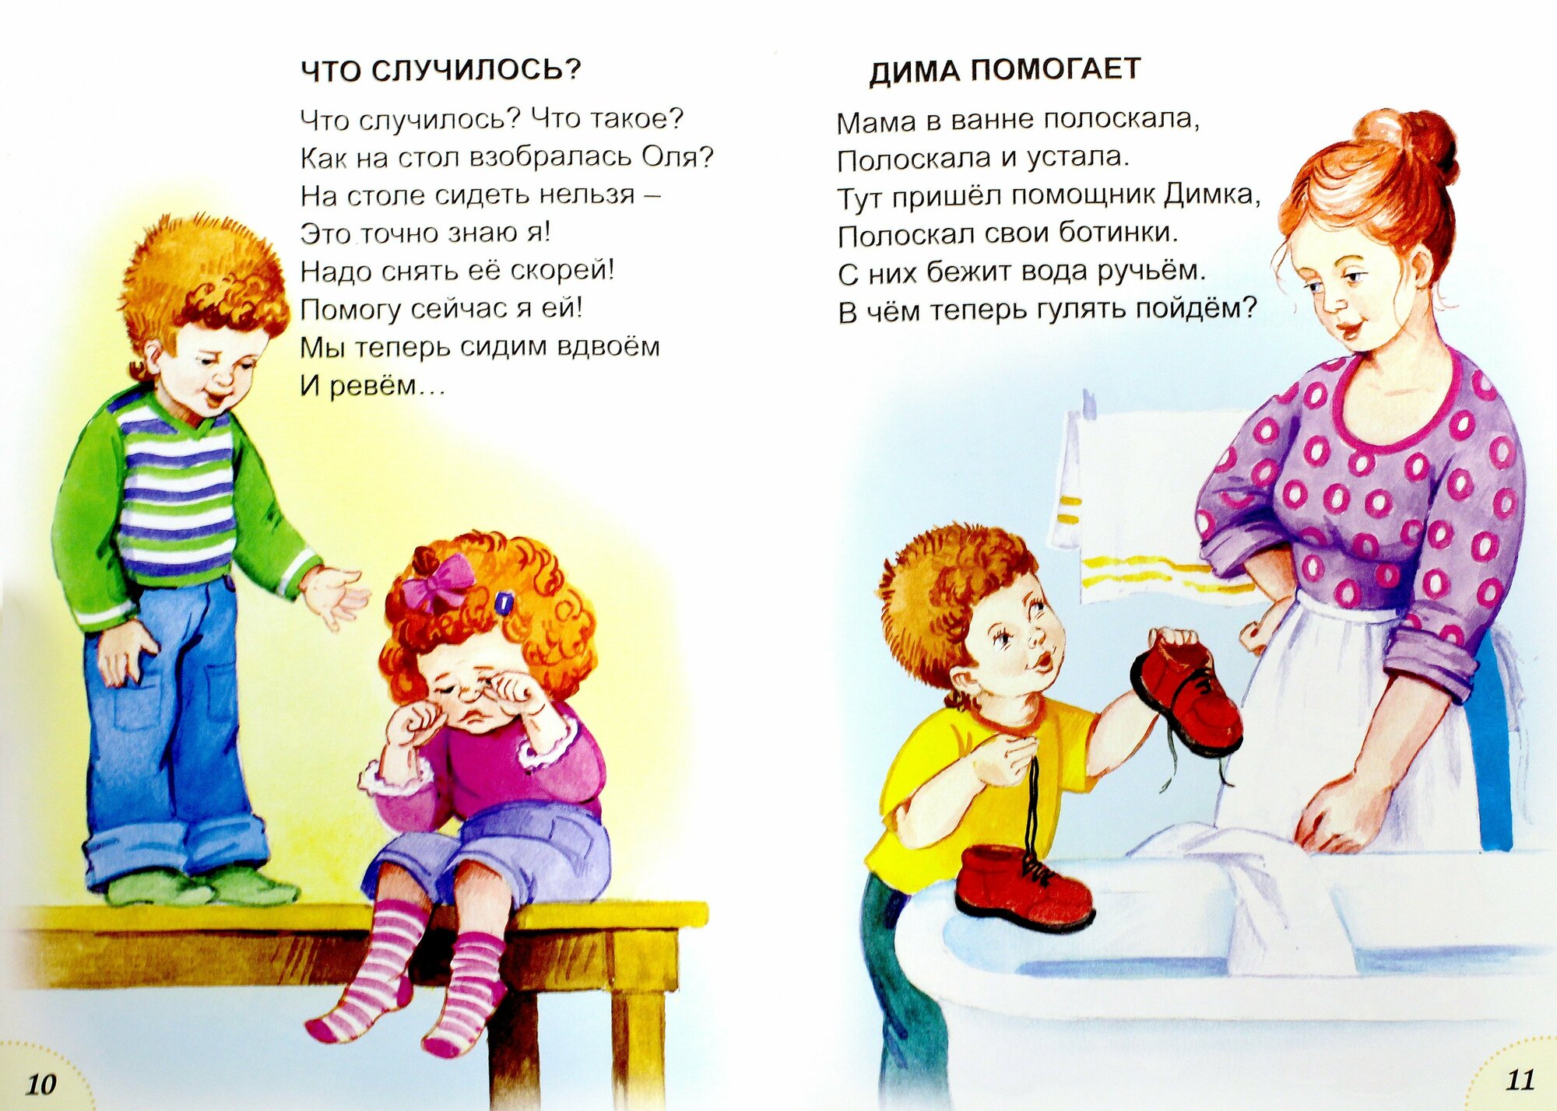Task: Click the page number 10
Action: [x=42, y=1084]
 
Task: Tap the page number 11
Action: [x=1520, y=1079]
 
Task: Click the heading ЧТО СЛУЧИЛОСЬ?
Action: [x=441, y=70]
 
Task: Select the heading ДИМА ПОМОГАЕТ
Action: [x=1005, y=70]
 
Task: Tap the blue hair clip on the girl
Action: [x=503, y=603]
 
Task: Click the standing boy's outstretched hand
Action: [x=336, y=596]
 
